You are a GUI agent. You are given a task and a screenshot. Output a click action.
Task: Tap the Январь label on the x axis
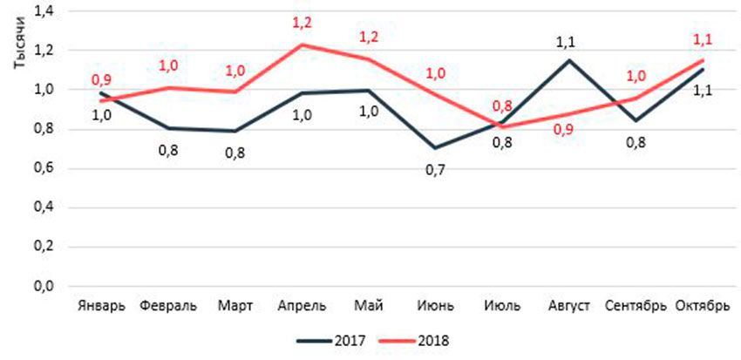[102, 306]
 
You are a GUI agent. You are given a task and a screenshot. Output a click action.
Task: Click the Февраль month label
[168, 306]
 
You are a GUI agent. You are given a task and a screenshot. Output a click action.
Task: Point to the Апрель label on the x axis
[302, 306]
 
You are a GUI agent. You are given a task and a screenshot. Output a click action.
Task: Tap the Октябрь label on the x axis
[702, 306]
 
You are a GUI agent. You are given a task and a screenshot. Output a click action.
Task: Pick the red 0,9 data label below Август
[568, 132]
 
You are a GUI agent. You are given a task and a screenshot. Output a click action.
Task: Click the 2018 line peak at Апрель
[302, 44]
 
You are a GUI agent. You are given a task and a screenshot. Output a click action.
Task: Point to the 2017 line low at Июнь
[434, 148]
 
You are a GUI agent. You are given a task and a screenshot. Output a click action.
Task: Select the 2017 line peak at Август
[568, 60]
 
